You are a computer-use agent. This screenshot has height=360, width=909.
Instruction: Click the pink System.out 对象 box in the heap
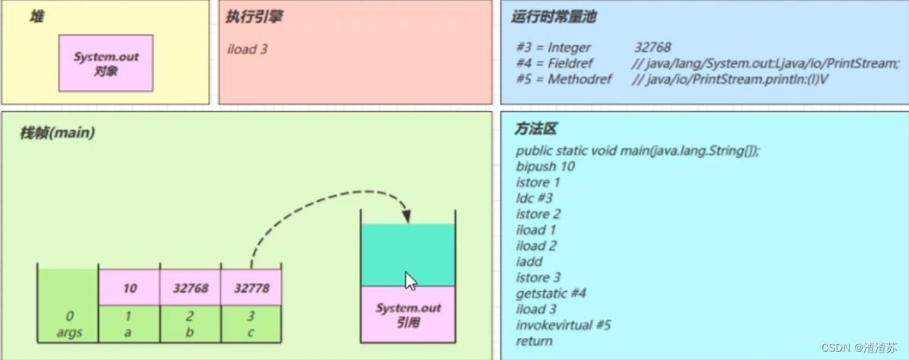point(106,64)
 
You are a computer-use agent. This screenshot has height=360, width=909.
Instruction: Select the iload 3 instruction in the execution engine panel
point(248,49)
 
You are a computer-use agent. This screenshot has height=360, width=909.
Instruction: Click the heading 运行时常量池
point(554,17)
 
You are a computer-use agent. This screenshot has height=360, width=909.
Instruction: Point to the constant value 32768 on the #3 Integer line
point(652,48)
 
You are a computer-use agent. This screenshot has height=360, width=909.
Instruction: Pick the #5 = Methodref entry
point(563,79)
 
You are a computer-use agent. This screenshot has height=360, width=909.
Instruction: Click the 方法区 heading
point(537,130)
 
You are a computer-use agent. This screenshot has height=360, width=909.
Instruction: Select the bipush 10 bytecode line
point(545,166)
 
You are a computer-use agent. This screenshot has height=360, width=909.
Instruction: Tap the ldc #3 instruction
point(535,198)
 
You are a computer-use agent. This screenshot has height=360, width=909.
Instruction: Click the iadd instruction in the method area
point(529,261)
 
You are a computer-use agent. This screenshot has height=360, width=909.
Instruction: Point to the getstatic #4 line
point(551,293)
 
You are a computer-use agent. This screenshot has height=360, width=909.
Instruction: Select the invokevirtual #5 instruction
point(563,325)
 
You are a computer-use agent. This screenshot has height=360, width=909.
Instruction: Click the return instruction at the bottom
point(534,341)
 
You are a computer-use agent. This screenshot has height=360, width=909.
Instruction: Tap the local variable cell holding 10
point(130,289)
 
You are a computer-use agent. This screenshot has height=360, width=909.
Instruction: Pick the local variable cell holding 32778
point(251,289)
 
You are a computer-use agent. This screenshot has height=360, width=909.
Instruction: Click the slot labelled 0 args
point(69,324)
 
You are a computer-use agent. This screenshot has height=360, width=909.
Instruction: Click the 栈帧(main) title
point(57,133)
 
